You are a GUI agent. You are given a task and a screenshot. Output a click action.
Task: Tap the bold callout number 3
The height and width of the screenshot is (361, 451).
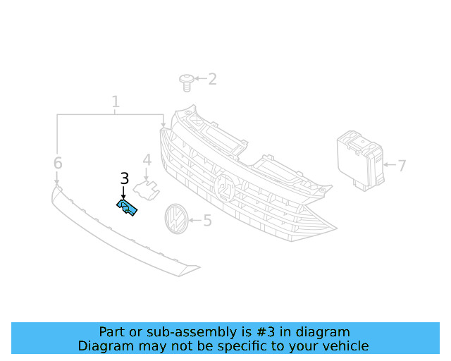tap(124, 178)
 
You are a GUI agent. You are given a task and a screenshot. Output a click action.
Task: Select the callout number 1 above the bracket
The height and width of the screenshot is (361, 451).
tap(116, 102)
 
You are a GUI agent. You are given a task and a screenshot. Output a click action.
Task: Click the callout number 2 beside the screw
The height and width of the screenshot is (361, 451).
tap(212, 79)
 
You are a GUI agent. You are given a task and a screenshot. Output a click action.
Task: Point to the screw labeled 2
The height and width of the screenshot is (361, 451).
tap(186, 82)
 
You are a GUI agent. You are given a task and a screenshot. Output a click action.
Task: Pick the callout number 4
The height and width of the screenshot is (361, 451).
tap(147, 160)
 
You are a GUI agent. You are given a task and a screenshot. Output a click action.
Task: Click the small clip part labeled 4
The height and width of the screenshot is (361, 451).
tap(146, 190)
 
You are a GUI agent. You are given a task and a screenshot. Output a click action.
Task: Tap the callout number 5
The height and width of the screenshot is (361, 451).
tap(208, 221)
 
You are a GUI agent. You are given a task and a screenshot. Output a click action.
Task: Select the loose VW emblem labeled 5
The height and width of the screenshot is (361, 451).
tap(176, 219)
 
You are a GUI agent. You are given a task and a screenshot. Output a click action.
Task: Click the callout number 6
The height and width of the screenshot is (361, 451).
tap(58, 163)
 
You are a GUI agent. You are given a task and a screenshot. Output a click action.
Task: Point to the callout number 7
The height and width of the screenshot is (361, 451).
tap(402, 166)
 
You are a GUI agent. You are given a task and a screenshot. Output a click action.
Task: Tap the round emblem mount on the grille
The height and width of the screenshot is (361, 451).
tap(225, 187)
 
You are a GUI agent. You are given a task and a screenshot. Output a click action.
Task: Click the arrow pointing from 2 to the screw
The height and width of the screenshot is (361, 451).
tap(201, 78)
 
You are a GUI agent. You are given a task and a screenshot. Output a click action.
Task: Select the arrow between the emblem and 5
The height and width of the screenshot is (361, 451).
tap(195, 221)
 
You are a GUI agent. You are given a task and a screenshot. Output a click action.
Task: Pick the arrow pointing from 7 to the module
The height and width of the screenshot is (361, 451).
tap(390, 165)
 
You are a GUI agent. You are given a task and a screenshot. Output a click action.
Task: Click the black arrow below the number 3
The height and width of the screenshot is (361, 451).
tap(124, 192)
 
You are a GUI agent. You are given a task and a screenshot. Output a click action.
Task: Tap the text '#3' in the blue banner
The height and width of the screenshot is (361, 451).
tap(265, 332)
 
